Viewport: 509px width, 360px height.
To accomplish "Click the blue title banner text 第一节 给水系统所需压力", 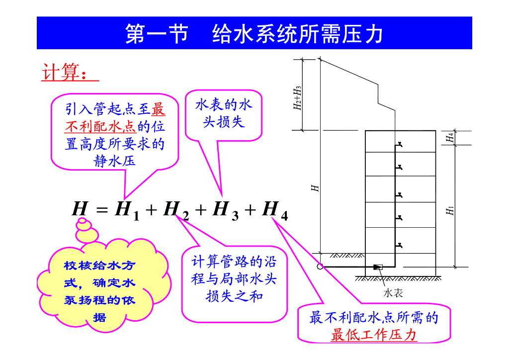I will point(254,33).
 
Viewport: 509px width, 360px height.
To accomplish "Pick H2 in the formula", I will point(176,210).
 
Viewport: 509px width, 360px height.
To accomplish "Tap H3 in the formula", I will point(225,210).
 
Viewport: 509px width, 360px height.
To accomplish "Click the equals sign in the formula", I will point(101,210).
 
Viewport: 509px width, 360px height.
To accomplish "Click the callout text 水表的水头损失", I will point(224,113).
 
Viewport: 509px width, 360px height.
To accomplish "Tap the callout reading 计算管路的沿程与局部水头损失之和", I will point(234,279).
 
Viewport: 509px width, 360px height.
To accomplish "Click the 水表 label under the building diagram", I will point(393,293).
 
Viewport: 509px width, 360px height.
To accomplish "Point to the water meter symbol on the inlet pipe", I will point(378,267).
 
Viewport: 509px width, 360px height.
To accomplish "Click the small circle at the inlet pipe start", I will point(320,267).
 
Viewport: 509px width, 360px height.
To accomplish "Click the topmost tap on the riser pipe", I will point(398,145).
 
